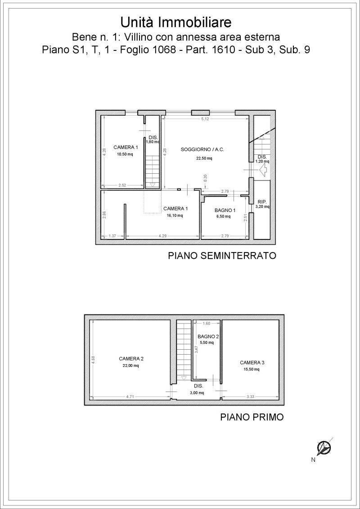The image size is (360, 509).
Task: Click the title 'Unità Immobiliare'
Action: (176, 23)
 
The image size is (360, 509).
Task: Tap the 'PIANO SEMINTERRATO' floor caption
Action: (222, 256)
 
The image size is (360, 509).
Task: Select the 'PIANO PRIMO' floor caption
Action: (252, 417)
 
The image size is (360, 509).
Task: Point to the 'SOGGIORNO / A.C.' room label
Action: (202, 150)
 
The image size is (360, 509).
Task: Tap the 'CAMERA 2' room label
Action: (131, 359)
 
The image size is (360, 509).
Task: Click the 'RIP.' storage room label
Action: (262, 202)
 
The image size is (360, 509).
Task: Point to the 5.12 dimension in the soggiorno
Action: (205, 119)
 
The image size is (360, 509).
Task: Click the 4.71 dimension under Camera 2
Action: (131, 396)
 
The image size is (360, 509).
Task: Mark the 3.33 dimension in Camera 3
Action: (250, 396)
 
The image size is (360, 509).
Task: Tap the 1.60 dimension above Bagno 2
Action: (207, 323)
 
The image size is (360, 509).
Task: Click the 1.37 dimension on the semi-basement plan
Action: (112, 236)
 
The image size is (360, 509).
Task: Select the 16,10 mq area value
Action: (175, 216)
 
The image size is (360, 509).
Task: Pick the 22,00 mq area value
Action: (131, 365)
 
